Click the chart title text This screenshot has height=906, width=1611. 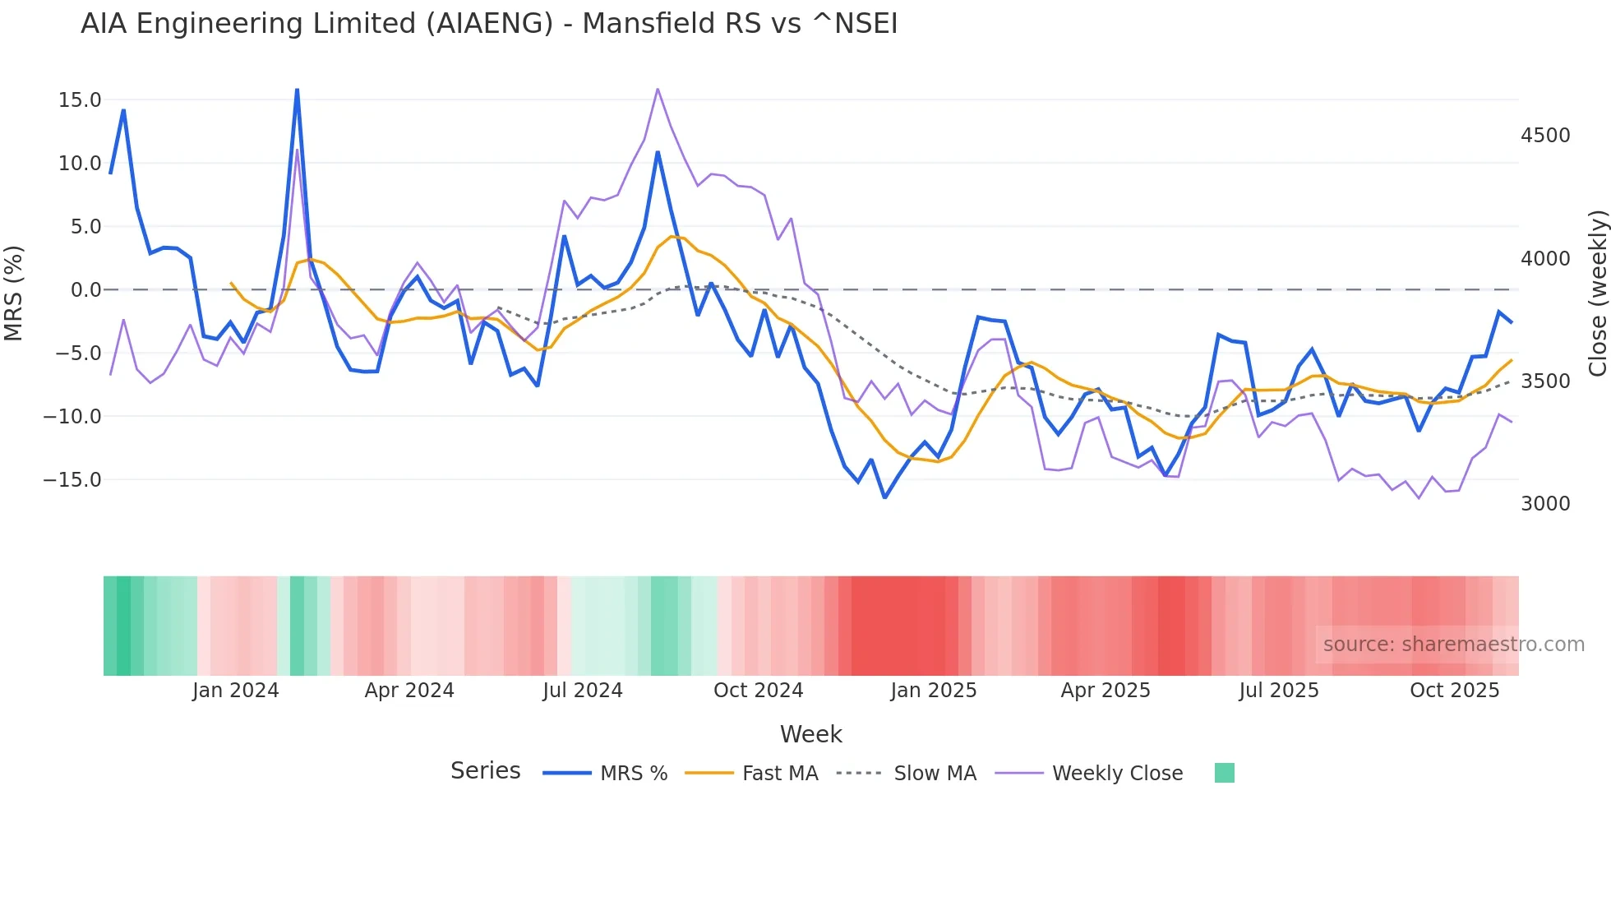489,24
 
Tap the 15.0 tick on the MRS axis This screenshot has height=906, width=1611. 80,100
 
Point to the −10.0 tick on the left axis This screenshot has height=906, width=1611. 72,417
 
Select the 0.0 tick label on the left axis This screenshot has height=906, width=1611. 85,290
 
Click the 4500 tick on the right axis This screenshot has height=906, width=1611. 1545,136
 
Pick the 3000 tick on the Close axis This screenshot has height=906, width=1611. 1545,504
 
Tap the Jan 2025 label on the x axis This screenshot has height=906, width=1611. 933,691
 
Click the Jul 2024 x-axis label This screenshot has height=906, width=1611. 582,691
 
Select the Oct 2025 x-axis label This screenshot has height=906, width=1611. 1454,691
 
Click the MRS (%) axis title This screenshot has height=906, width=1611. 14,294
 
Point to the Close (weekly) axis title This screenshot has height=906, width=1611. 1597,294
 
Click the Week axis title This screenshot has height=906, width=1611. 810,734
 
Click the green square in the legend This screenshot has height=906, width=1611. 1224,773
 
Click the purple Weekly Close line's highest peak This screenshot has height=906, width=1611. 658,89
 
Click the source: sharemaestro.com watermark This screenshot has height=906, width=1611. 1453,645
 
